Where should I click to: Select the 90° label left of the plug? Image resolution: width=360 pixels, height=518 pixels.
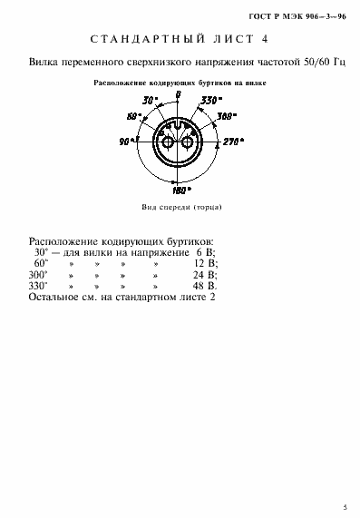point(124,142)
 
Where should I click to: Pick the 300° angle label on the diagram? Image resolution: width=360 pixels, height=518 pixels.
point(227,117)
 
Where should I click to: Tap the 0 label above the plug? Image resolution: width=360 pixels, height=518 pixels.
point(179,94)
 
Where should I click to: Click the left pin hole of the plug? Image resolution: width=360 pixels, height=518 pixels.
point(168,142)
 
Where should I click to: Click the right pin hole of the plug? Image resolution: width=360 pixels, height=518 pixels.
point(189,142)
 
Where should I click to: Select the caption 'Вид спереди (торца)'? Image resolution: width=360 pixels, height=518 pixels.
point(180,208)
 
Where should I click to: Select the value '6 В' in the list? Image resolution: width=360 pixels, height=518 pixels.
point(208,252)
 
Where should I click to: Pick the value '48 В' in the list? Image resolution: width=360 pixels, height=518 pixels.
point(206,286)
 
